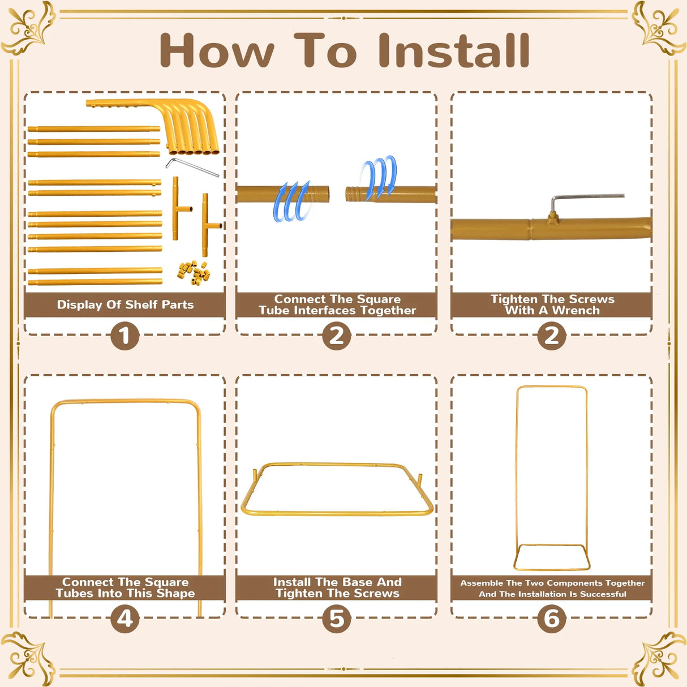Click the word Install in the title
click(453, 50)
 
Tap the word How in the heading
click(217, 50)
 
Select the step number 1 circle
click(124, 336)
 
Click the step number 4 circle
click(124, 619)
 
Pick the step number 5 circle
click(337, 619)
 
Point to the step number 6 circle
click(552, 619)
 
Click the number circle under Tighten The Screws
click(552, 336)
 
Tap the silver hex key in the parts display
click(192, 167)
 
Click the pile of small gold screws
click(194, 273)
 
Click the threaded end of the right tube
click(355, 194)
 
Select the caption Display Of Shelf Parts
click(125, 304)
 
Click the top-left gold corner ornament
click(28, 28)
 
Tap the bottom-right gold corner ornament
click(659, 659)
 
